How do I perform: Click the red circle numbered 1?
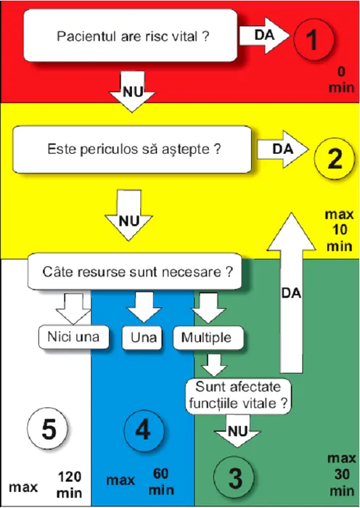tap(314, 39)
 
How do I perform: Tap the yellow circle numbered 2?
tap(335, 158)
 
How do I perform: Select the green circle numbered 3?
tap(234, 478)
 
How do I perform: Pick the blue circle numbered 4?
tap(144, 430)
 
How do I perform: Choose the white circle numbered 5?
tap(48, 428)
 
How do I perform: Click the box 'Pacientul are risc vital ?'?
tap(130, 36)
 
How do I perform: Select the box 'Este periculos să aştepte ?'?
tap(132, 149)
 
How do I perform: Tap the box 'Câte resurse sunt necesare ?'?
tap(135, 271)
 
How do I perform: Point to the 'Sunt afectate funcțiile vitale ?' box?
tap(238, 396)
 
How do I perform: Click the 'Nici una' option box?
tap(73, 337)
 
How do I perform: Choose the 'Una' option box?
tap(142, 338)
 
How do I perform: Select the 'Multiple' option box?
tap(208, 338)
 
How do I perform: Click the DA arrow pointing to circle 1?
tap(264, 36)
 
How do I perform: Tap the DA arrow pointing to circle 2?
tap(282, 149)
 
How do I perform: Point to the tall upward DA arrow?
tap(291, 292)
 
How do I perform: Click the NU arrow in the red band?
tap(132, 91)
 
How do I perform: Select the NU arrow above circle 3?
tap(237, 430)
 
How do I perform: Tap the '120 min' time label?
tap(70, 485)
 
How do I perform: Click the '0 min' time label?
tap(341, 80)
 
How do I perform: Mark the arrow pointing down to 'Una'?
tap(144, 307)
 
